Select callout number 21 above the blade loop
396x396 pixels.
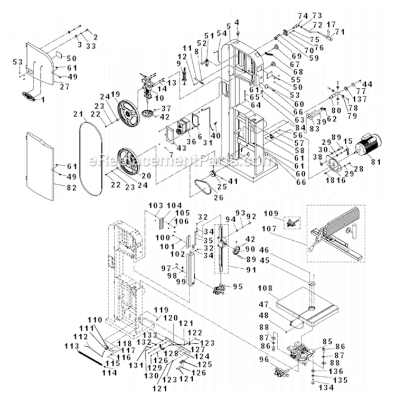coord(79,115)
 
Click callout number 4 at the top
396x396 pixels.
coord(237,21)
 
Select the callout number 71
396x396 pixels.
coord(340,32)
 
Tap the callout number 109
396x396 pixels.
coord(270,213)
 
